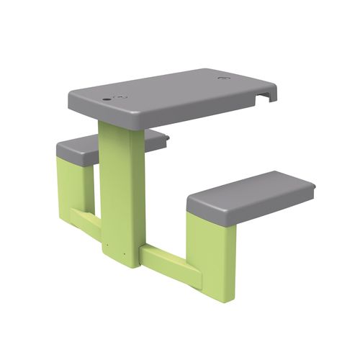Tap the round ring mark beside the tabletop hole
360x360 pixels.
coord(121,96)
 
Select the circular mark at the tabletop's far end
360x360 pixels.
coord(225,77)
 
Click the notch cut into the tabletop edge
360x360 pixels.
coord(266,94)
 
